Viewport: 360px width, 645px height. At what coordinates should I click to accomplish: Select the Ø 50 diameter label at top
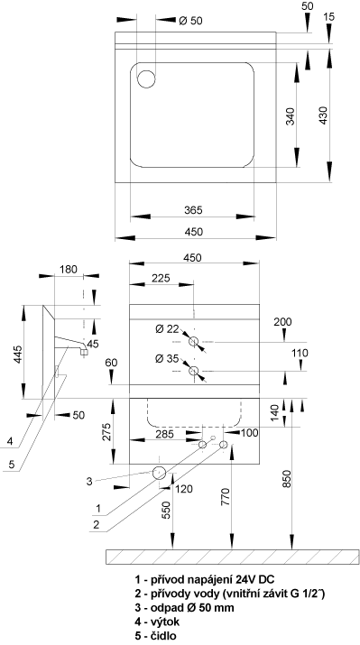190,21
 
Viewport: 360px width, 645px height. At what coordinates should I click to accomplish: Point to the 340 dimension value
291,116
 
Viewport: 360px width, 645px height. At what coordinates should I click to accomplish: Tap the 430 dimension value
324,115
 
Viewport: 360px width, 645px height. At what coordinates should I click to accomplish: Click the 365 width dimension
193,210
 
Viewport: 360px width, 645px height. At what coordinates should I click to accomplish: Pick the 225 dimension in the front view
161,279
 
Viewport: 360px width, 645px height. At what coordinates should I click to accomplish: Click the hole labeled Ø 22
193,341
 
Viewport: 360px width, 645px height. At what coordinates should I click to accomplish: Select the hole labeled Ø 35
193,371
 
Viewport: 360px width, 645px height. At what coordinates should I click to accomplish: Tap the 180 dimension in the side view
69,270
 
